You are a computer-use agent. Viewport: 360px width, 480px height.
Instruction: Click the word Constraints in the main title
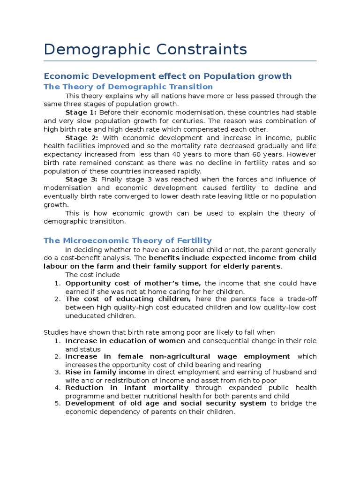[197, 49]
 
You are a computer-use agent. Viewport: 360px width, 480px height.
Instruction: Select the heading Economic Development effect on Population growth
[167, 76]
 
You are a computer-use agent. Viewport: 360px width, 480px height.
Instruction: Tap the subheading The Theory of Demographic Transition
[128, 87]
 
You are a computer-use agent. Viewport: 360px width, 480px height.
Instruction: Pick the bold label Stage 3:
[81, 180]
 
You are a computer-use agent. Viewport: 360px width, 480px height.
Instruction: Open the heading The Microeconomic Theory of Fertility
[127, 240]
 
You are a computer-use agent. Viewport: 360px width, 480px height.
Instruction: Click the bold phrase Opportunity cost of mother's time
[133, 283]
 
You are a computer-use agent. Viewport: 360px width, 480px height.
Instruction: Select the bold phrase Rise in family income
[105, 372]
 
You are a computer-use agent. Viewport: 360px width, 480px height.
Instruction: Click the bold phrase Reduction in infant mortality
[127, 388]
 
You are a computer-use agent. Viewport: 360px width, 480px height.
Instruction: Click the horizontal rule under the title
[180, 61]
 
